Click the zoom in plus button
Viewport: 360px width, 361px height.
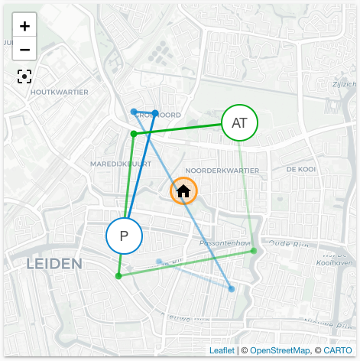24,26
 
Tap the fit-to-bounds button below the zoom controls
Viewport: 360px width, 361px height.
24,76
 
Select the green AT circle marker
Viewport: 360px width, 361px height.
239,122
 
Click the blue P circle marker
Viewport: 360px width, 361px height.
124,236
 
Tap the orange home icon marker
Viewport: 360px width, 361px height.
183,191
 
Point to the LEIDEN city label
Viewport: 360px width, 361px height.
54,264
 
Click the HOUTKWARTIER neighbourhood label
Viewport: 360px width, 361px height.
59,93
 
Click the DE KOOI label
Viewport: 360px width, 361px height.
300,169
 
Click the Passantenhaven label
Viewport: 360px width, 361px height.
225,243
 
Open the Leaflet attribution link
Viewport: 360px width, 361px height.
222,350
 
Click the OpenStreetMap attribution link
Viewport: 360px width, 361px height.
277,350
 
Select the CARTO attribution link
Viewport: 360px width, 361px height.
337,350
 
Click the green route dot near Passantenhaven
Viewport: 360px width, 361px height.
254,251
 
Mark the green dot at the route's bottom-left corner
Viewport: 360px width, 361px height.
118,276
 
